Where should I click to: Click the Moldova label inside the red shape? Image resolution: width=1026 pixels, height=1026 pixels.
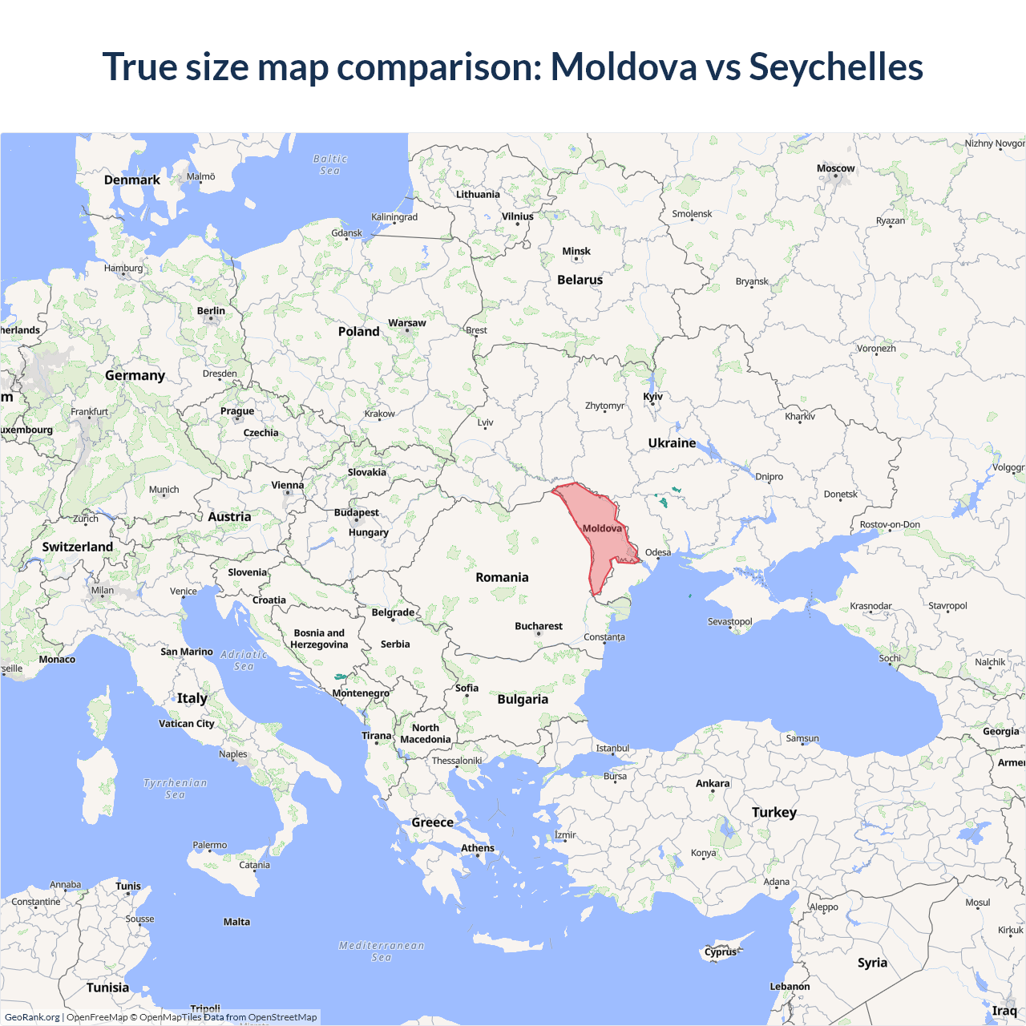pos(602,528)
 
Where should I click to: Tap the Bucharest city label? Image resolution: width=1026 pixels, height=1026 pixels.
pos(539,626)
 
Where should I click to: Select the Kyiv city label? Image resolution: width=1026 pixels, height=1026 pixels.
pos(653,397)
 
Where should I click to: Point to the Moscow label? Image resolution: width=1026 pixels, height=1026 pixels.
pos(835,168)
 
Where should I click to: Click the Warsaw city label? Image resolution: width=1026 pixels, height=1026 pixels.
pos(407,323)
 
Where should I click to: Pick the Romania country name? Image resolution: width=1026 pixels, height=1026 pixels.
pos(502,577)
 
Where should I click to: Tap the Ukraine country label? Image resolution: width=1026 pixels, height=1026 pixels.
pos(672,442)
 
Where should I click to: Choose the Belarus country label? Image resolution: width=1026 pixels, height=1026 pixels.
pos(580,280)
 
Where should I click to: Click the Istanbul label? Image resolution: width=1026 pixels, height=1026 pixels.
pos(612,749)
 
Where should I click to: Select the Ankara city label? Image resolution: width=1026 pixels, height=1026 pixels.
pos(713,783)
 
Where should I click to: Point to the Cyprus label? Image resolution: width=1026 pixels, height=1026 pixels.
pos(721,952)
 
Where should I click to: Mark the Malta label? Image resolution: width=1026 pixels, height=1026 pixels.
pos(236,922)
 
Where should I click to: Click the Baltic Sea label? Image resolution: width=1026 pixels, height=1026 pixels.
pos(330,164)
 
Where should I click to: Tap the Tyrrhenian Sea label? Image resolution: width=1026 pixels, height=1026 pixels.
pos(176,789)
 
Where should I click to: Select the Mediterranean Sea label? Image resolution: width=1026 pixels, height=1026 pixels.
pos(382,951)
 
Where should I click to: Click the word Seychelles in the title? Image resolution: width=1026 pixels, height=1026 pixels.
pos(836,67)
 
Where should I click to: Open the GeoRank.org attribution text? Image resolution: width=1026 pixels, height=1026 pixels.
pos(32,1017)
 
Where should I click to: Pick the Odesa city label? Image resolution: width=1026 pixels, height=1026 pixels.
pos(658,552)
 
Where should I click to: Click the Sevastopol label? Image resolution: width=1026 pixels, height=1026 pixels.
pos(729,621)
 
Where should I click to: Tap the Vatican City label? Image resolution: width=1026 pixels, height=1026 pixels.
pos(187,723)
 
